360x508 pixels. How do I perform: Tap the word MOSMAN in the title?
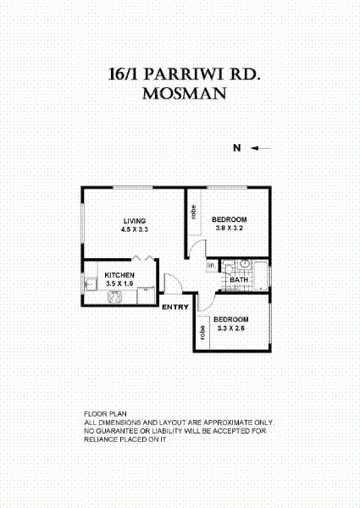[x=185, y=94]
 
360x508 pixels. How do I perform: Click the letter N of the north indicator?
[x=238, y=149]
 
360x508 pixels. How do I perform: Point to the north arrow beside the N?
[x=261, y=149]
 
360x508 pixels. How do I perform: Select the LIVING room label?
[x=134, y=221]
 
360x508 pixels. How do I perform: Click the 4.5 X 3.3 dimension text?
[x=134, y=229]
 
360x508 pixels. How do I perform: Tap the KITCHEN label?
[x=119, y=275]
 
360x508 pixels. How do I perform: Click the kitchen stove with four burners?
[x=115, y=296]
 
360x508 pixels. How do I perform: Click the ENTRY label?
[x=174, y=306]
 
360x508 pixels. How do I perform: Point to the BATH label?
[x=239, y=280]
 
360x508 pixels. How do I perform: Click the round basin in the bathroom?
[x=240, y=264]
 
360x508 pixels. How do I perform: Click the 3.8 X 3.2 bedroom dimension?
[x=229, y=228]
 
